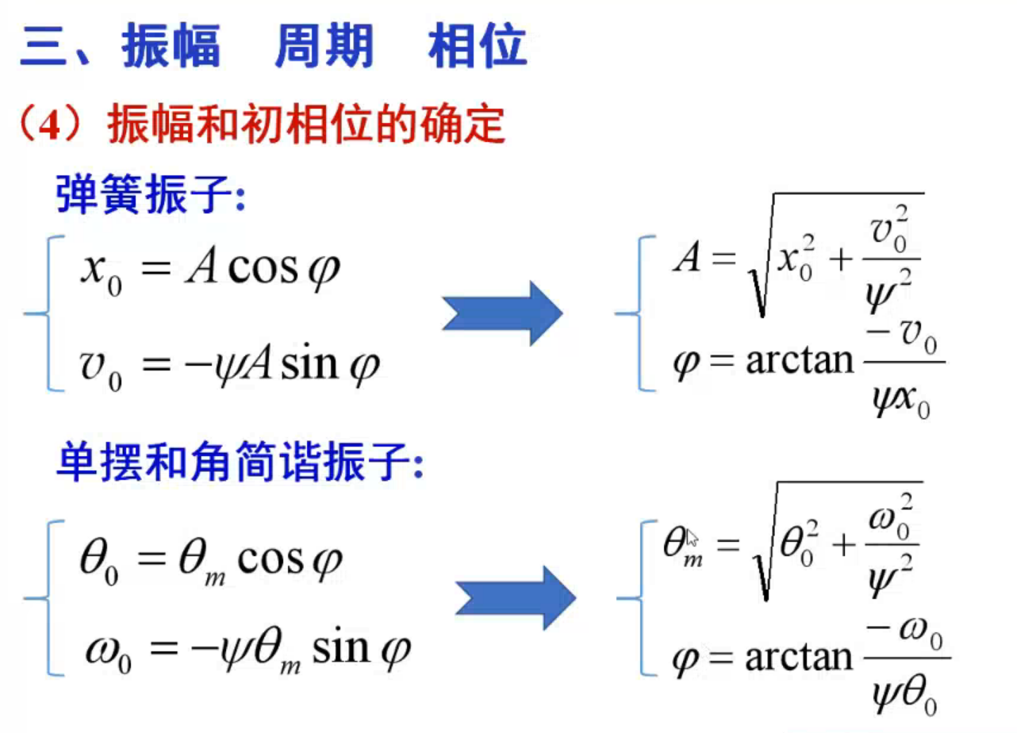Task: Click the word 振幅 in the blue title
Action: coord(171,46)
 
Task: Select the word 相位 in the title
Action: coord(477,46)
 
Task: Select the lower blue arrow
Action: coord(515,597)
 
